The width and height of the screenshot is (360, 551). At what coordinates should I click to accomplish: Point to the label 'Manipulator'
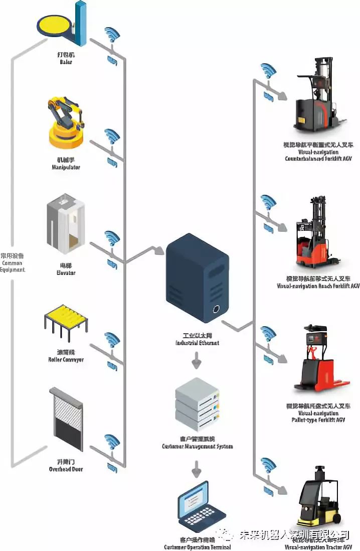[x=66, y=167]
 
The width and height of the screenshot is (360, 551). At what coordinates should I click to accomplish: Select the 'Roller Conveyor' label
[x=66, y=359]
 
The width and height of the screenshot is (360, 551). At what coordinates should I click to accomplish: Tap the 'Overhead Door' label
[x=66, y=469]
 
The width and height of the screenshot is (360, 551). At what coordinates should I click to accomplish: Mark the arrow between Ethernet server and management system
[x=197, y=359]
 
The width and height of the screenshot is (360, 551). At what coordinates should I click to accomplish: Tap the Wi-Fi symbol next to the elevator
[x=111, y=238]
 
